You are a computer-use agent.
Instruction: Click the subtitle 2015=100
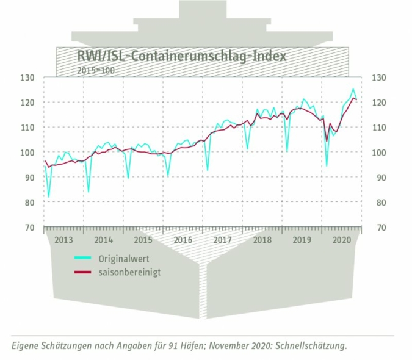95,70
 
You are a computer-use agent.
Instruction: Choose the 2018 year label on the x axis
262,240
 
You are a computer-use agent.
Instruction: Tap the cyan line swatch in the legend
86,259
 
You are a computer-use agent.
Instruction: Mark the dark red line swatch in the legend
86,272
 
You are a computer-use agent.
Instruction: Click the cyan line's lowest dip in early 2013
49,197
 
